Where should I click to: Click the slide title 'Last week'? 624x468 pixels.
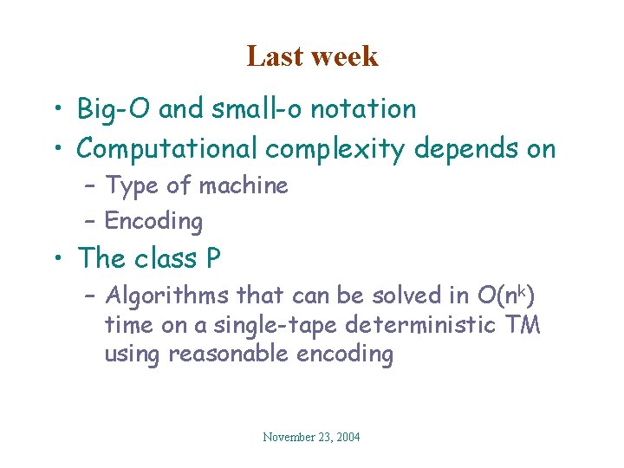point(312,56)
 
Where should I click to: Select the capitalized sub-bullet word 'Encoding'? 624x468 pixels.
point(153,222)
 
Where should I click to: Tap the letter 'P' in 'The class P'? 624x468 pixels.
point(211,258)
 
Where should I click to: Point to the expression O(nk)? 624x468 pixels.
point(506,296)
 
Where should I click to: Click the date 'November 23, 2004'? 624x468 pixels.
point(311,438)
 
